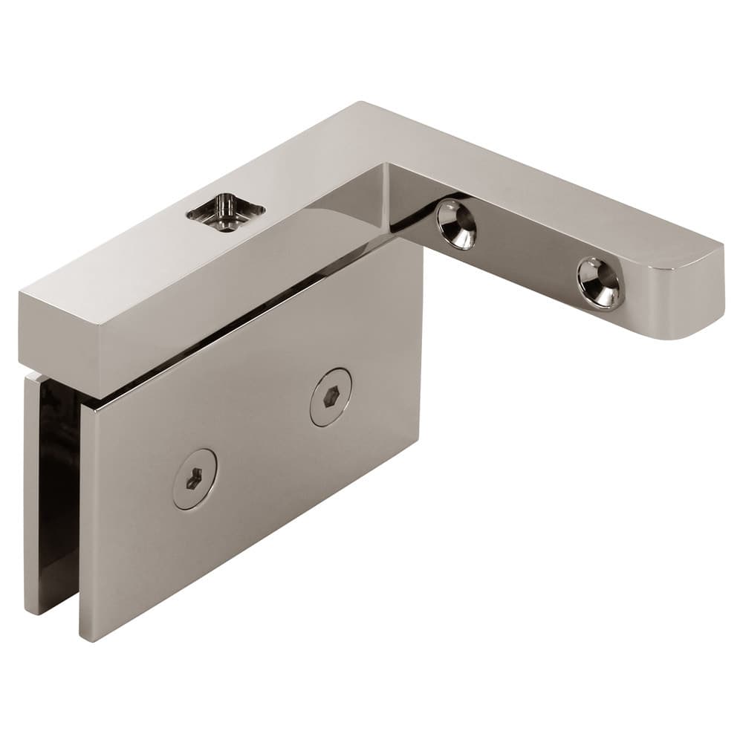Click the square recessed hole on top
(225, 212)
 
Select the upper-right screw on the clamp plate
(330, 397)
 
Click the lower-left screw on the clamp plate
(195, 479)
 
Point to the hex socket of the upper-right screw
(330, 398)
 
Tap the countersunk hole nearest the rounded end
(600, 282)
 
